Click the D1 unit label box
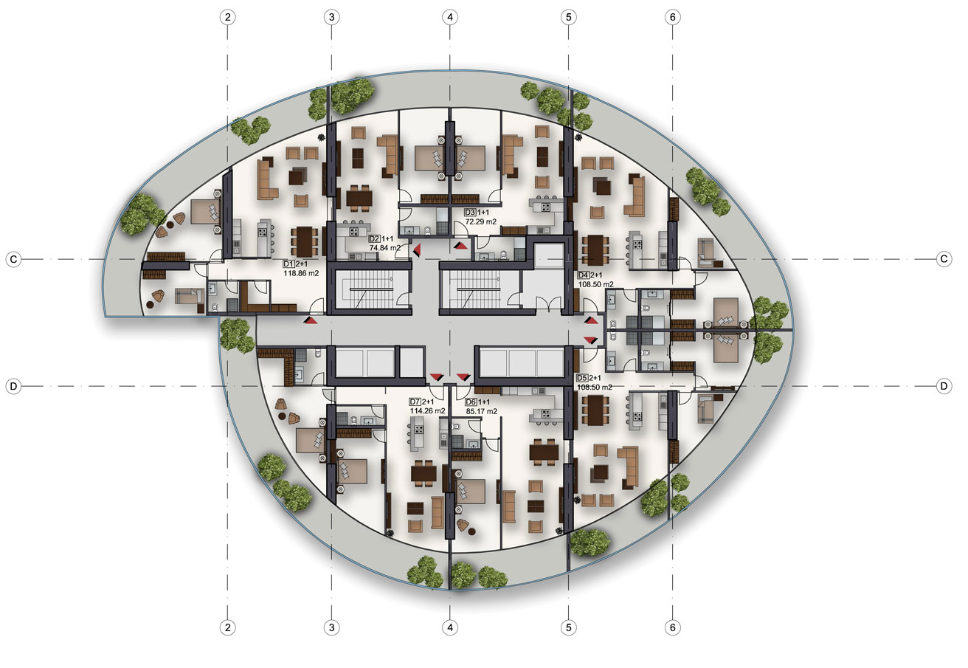pos(288,264)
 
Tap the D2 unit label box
pos(374,238)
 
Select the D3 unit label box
pos(470,213)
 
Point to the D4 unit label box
pos(583,275)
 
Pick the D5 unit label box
pos(582,378)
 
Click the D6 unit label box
pos(471,402)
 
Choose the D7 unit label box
pos(415,402)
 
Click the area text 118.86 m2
pos(301,273)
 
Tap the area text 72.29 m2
pos(480,221)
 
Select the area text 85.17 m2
pos(481,411)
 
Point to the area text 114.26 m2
pos(427,410)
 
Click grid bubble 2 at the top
pos(228,17)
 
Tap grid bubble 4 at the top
pos(450,17)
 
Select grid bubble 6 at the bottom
pos(672,627)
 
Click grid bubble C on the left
pos(13,259)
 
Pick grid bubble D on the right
pos(944,385)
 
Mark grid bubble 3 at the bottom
pos(331,627)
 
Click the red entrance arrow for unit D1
pos(311,320)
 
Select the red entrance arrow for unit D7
pos(437,377)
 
